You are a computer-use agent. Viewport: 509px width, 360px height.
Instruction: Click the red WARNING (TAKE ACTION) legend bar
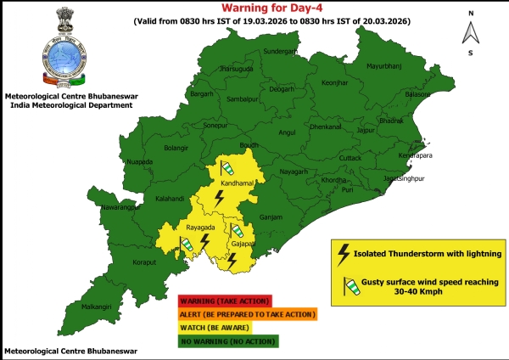[224, 301]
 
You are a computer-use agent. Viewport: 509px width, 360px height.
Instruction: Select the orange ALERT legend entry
[247, 314]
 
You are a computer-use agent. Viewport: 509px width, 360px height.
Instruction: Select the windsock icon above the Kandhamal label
[227, 167]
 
